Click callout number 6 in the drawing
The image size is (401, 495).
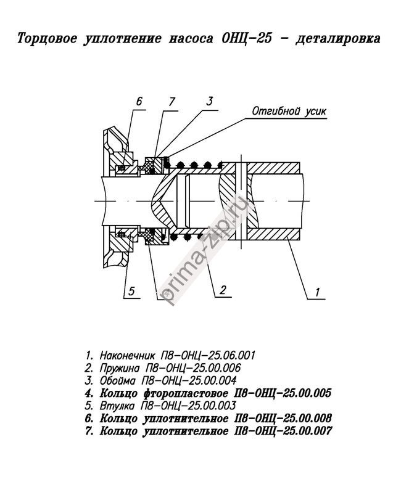(139, 101)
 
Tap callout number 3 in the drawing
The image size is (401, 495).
(210, 101)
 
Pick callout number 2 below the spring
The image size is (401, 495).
(223, 288)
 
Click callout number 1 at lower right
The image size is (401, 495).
(316, 293)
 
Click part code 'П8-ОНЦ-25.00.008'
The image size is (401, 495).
(284, 418)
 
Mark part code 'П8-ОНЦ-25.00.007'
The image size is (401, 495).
(284, 430)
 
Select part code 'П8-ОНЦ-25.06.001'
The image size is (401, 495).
(210, 356)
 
